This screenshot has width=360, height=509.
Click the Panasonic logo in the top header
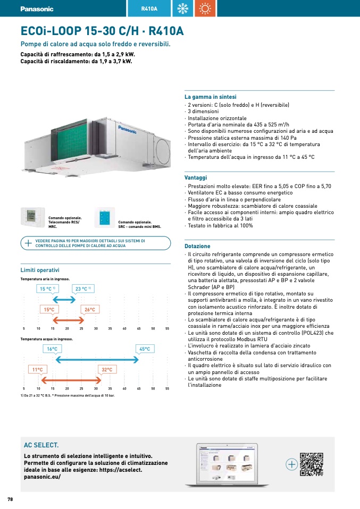click(37, 9)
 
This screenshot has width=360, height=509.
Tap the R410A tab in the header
click(149, 9)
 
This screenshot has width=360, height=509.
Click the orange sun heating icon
click(205, 9)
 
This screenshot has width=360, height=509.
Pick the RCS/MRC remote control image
click(31, 217)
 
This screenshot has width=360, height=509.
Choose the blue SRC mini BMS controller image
click(105, 217)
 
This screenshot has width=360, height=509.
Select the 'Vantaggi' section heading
click(196, 178)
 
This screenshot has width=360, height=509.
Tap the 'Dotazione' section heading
click(197, 247)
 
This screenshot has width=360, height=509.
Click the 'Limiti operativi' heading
click(40, 270)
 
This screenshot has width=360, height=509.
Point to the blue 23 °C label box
click(83, 289)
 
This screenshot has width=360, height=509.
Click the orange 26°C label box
click(89, 310)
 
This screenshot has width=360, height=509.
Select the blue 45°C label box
click(144, 349)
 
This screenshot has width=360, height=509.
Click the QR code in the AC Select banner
click(311, 464)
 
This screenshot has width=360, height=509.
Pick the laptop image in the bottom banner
click(227, 464)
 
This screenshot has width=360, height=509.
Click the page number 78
click(10, 499)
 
